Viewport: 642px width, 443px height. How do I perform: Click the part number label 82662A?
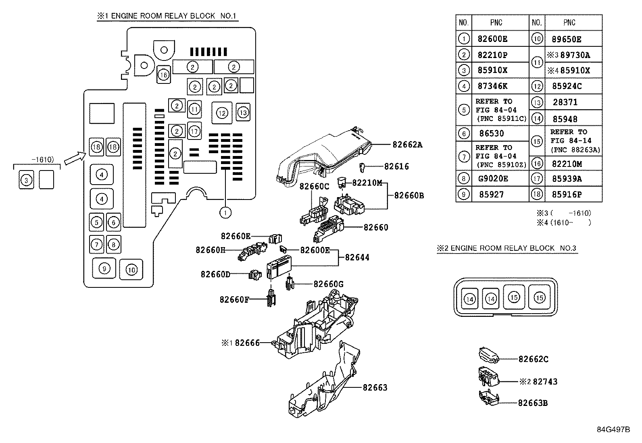tap(407, 145)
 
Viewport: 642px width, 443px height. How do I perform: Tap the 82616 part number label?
tap(396, 166)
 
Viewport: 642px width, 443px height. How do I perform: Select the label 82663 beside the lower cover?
tap(375, 387)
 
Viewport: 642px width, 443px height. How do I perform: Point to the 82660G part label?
tap(328, 284)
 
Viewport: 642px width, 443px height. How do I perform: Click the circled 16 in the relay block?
tap(164, 75)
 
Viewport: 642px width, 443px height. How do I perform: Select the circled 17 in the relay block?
tap(194, 131)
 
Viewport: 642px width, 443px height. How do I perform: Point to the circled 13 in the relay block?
tap(243, 112)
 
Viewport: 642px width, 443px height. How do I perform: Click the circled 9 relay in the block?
tap(104, 268)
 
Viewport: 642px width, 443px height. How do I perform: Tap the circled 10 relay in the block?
tap(131, 270)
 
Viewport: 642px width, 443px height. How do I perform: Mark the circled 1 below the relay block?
tap(225, 212)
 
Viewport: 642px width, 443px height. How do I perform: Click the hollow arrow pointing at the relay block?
tap(75, 158)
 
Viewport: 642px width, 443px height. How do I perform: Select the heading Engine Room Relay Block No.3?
tap(507, 248)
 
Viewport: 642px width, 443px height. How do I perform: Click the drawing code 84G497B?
tap(613, 430)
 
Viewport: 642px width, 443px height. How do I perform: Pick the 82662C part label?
tap(534, 359)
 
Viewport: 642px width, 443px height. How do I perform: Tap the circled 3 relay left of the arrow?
tap(26, 180)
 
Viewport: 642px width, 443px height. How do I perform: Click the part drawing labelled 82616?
tap(362, 167)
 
